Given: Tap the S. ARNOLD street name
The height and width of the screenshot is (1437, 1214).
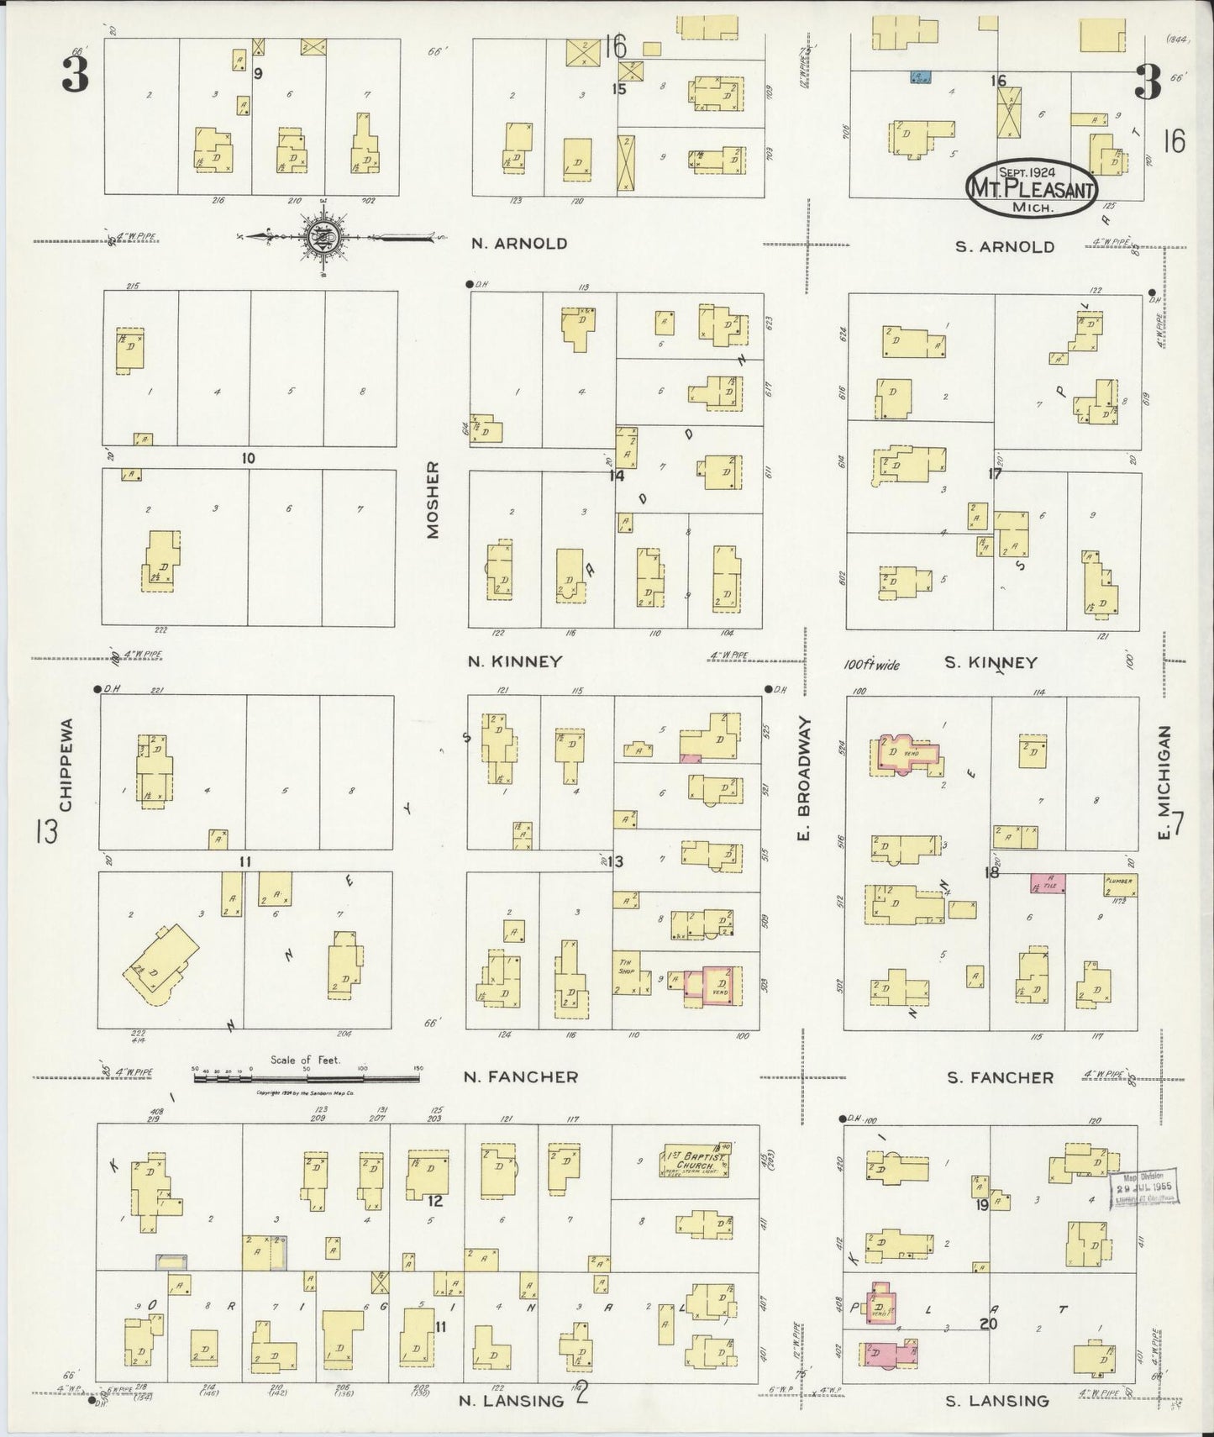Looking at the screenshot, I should [1005, 246].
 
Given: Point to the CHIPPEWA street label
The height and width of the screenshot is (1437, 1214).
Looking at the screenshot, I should [67, 764].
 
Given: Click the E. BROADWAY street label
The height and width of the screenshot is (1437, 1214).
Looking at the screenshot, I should [804, 779].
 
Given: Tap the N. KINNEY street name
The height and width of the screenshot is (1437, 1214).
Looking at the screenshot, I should [514, 661].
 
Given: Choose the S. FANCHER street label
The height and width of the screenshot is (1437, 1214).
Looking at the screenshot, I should [1000, 1077].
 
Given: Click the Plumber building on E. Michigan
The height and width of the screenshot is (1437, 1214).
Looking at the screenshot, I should [1121, 884].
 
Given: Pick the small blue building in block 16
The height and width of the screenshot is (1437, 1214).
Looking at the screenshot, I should [919, 77].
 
